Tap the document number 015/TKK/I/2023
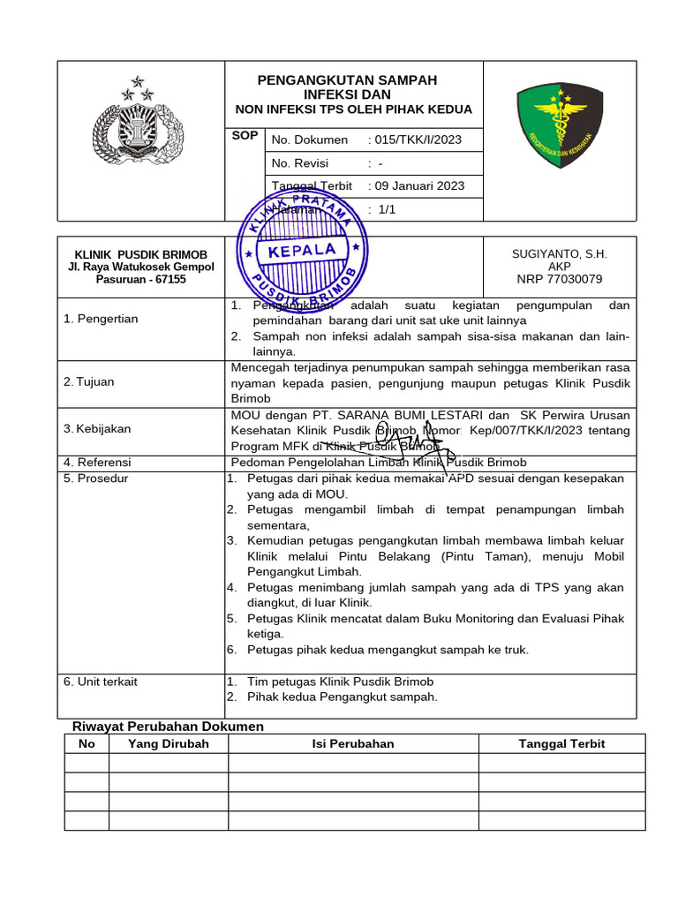click(x=418, y=139)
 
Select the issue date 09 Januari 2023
click(x=419, y=185)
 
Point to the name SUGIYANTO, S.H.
click(x=560, y=253)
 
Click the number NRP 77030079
click(x=560, y=279)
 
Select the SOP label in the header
click(x=245, y=136)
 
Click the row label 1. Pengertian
click(x=101, y=319)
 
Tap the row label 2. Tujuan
click(x=90, y=381)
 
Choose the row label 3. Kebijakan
click(x=97, y=428)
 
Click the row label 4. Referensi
click(x=97, y=462)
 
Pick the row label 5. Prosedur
click(x=96, y=478)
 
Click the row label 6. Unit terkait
click(x=101, y=682)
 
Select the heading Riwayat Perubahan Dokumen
click(x=168, y=726)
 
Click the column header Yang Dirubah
click(x=168, y=743)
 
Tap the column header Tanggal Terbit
click(x=561, y=743)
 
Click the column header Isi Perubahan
click(x=353, y=743)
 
